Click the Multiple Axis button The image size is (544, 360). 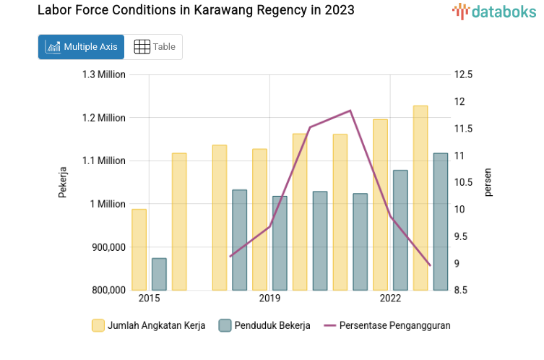point(81,47)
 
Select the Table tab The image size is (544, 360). point(155,47)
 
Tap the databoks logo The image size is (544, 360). point(494,11)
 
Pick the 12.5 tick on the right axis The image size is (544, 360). point(464,74)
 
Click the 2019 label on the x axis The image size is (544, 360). point(269,299)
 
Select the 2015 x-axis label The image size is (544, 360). point(149,299)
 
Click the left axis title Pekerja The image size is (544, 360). point(63,182)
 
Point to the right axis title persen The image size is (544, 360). point(488,182)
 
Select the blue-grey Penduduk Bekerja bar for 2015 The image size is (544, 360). point(159,275)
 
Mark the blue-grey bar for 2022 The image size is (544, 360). point(400,231)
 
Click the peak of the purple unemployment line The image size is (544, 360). point(350,111)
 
